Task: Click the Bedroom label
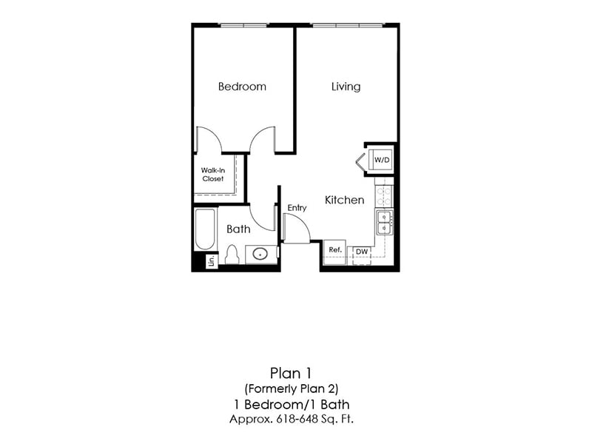[x=242, y=87]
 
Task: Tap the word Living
[x=346, y=87]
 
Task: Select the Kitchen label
[x=345, y=200]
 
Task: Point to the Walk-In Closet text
[x=212, y=174]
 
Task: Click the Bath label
[x=238, y=229]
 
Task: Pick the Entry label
[x=297, y=208]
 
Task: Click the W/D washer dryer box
[x=382, y=160]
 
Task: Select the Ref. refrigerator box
[x=335, y=251]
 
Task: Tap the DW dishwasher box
[x=361, y=252]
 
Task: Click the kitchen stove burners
[x=384, y=195]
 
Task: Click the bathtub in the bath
[x=205, y=229]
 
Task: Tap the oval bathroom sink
[x=260, y=255]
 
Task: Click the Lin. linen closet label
[x=211, y=260]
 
